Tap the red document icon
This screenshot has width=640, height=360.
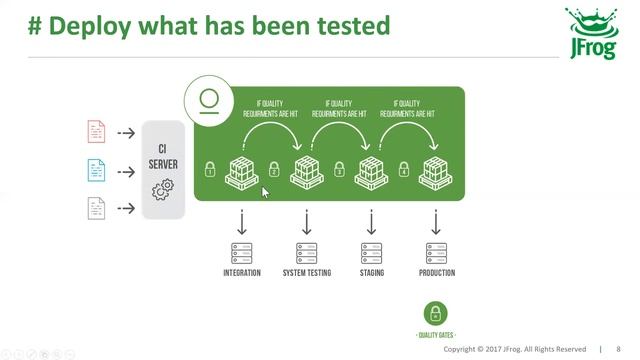[x=96, y=132]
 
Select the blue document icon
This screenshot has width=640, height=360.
[x=96, y=170]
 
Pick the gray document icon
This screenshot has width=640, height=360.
[x=96, y=208]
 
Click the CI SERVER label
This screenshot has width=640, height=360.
[x=163, y=156]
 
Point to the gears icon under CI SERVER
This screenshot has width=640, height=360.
[x=163, y=190]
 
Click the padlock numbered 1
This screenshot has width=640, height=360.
[x=211, y=169]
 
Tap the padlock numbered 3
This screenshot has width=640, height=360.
[x=339, y=169]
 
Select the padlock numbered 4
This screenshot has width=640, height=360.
[x=404, y=169]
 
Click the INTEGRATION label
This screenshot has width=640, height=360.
[x=242, y=273]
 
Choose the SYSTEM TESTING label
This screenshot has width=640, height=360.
[x=306, y=273]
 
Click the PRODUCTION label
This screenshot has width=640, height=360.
[x=436, y=273]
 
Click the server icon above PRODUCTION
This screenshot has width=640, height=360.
[x=436, y=253]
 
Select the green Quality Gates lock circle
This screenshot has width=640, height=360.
[x=435, y=312]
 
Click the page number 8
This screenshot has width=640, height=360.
[x=619, y=349]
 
